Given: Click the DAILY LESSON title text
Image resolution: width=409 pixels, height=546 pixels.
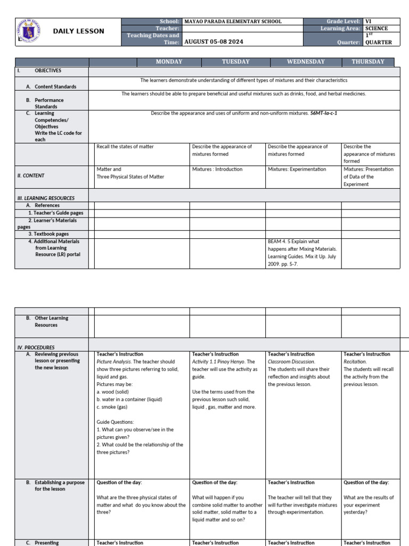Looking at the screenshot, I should point(78,31).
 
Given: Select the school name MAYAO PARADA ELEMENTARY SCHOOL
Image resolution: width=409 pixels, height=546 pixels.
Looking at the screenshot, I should point(233,21).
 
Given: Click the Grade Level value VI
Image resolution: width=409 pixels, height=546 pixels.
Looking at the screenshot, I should point(368,21).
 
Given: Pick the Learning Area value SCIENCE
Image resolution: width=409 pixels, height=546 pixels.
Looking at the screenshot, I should point(377,28).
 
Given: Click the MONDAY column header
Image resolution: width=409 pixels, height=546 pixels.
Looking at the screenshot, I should point(169,62).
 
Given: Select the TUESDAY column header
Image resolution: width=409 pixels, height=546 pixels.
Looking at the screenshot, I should point(235,62).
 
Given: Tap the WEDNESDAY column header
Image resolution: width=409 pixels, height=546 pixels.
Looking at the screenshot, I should point(306,62).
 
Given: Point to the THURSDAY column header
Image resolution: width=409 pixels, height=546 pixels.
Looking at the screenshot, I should point(368,62).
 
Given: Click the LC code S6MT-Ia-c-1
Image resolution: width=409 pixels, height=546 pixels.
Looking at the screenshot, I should point(324,114).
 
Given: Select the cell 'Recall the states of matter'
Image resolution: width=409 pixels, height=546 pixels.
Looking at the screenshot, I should point(125,147).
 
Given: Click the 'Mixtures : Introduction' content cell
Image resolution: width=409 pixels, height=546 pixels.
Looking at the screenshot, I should point(217,169).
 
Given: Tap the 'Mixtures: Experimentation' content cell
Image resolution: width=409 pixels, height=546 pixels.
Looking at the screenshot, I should point(297,169).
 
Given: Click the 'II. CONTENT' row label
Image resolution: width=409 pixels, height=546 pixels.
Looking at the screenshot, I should point(31,175).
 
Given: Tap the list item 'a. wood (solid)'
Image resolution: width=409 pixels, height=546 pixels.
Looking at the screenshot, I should point(114,391).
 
